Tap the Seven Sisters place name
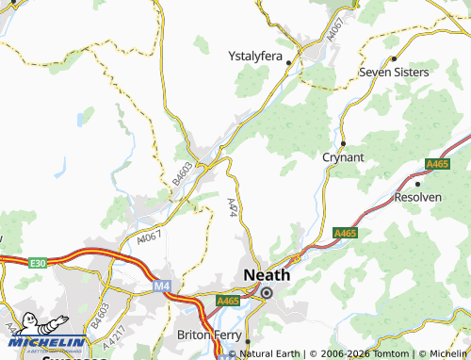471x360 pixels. pyautogui.click(x=394, y=72)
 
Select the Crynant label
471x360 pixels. pyautogui.click(x=343, y=157)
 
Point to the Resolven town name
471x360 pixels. pyautogui.click(x=417, y=197)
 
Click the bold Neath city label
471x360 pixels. pyautogui.click(x=266, y=274)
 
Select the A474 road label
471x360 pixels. pyautogui.click(x=234, y=207)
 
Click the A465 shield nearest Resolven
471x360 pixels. pyautogui.click(x=436, y=164)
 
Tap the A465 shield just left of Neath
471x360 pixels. pyautogui.click(x=227, y=301)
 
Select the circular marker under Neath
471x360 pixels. pyautogui.click(x=267, y=293)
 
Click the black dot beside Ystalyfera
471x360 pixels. pyautogui.click(x=289, y=63)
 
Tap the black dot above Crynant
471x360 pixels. pyautogui.click(x=343, y=143)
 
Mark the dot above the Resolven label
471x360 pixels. pyautogui.click(x=417, y=184)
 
